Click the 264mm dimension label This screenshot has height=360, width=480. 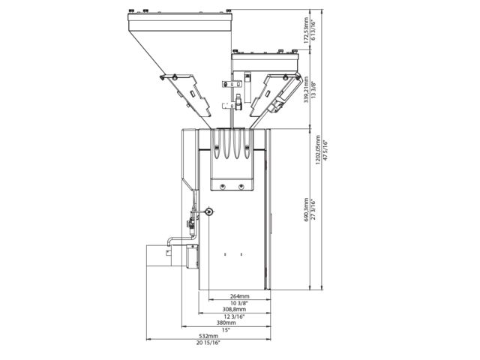239,296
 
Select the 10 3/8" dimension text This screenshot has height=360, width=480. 239,303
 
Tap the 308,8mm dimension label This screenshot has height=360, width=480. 234,309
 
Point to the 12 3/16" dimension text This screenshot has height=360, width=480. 234,316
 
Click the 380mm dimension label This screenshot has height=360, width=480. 226,322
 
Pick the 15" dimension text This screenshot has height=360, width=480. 226,330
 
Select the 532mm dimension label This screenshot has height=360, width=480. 208,336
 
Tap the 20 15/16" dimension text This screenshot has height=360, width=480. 208,343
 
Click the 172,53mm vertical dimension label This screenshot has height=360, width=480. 306,30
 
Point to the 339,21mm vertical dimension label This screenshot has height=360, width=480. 306,89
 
